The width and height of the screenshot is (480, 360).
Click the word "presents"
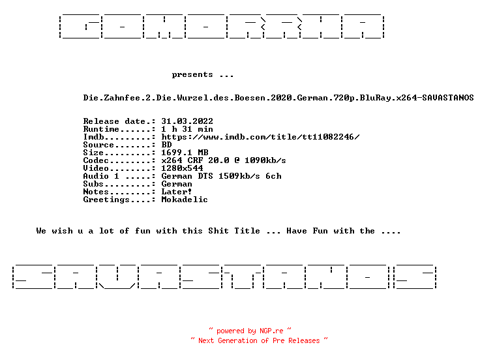click(192, 75)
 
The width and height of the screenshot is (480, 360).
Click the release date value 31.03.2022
click(187, 121)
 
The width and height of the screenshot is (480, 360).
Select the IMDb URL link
click(260, 137)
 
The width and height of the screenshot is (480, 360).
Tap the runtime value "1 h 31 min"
click(187, 129)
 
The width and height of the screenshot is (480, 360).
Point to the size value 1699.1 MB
click(185, 153)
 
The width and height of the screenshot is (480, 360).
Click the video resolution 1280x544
click(182, 168)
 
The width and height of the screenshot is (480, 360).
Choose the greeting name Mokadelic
click(185, 200)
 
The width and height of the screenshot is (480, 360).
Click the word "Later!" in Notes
click(177, 192)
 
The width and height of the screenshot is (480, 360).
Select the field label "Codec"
click(96, 160)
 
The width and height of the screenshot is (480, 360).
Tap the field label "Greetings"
click(106, 200)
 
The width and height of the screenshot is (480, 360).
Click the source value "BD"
click(166, 145)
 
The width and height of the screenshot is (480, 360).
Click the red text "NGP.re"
click(271, 331)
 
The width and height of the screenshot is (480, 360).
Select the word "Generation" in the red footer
click(237, 340)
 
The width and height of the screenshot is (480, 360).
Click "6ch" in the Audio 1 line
click(273, 176)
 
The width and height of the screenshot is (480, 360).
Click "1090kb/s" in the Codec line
click(265, 160)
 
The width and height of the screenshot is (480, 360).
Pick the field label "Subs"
click(93, 184)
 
